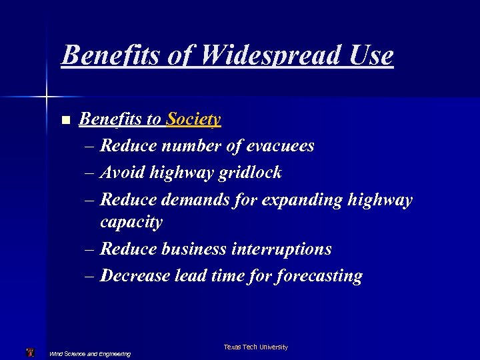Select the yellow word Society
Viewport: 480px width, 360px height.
pos(193,119)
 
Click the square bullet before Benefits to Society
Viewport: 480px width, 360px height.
pos(65,121)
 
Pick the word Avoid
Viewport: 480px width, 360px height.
pos(122,173)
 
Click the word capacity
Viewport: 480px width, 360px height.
pos(131,222)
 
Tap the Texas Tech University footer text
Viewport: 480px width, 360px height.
pos(256,347)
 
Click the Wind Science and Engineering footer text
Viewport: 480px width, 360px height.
pos(90,354)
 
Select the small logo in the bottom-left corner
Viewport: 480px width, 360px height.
pos(29,352)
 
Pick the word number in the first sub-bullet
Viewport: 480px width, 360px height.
pos(189,145)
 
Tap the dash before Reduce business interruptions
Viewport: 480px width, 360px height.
pos(90,249)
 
